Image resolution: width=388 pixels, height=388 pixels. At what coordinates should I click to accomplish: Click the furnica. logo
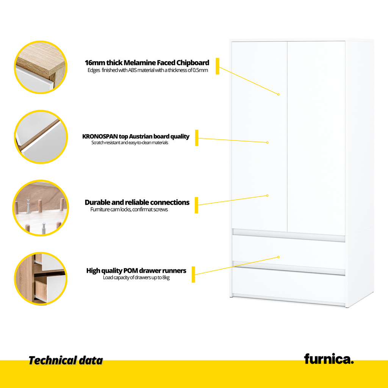(329, 359)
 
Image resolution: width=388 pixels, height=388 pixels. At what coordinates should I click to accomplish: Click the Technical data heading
(66, 361)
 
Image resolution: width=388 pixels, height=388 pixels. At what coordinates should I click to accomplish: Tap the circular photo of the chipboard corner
(41, 67)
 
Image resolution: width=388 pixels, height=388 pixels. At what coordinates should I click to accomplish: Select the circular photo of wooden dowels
(41, 208)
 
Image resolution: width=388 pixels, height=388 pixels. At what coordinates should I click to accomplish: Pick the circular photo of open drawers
(41, 278)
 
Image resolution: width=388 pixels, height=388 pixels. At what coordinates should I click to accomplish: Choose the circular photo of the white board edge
(41, 137)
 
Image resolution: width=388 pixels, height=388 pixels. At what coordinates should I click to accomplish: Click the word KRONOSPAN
(100, 136)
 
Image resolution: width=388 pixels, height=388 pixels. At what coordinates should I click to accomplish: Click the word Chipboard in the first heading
(193, 63)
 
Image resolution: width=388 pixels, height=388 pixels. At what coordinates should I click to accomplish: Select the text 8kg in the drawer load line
(166, 278)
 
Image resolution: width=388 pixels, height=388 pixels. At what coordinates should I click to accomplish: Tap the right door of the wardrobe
(316, 138)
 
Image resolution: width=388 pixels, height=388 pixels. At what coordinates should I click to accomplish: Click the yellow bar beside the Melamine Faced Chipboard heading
(217, 66)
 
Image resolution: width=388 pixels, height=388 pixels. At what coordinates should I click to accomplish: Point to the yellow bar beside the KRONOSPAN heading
(197, 138)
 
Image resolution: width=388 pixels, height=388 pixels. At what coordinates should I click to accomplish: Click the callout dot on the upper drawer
(278, 257)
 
